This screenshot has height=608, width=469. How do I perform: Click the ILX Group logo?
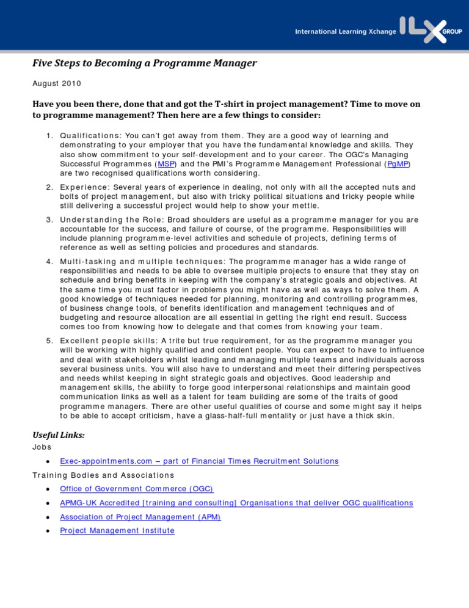[x=427, y=29]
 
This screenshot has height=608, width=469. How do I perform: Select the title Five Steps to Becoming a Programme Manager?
[x=144, y=63]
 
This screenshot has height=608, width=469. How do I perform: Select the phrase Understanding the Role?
[x=109, y=220]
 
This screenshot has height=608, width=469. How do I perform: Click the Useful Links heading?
[x=58, y=435]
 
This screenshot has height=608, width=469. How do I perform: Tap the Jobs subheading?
[x=42, y=447]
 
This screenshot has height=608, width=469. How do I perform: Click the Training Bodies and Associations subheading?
[x=103, y=475]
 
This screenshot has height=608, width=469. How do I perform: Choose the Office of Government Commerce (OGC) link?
[x=137, y=489]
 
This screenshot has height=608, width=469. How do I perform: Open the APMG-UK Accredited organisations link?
[x=236, y=503]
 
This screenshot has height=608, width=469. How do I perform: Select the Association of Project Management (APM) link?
[x=140, y=517]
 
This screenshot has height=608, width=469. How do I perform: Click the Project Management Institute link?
[x=117, y=530]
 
